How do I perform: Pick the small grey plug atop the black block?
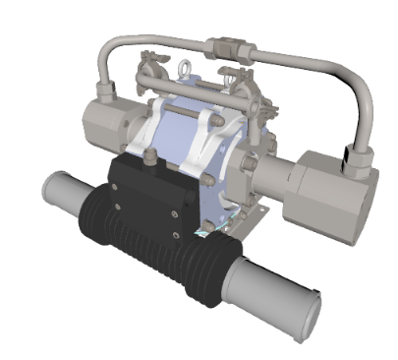click(x=149, y=155)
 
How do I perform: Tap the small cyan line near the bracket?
click(x=201, y=234)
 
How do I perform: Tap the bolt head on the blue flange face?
click(x=207, y=180)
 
